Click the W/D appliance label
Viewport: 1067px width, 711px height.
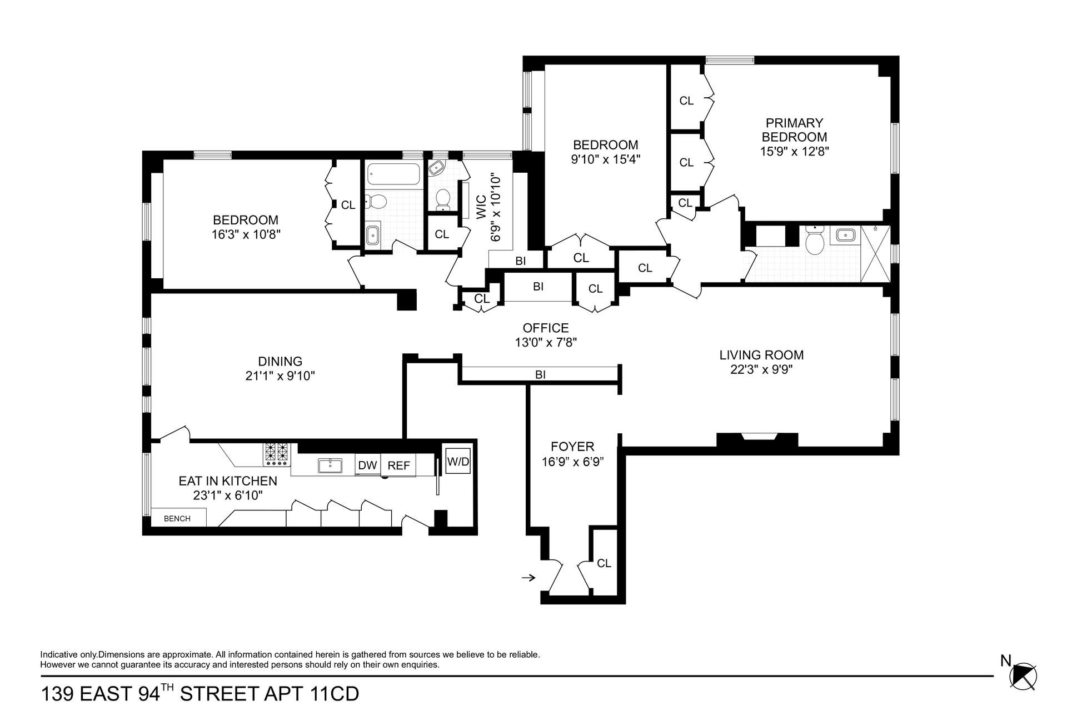(458, 461)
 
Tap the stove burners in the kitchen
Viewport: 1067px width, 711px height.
(277, 454)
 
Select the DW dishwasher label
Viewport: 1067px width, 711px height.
(367, 465)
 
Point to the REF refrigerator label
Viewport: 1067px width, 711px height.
(398, 465)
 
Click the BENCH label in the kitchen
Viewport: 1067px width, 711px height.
(177, 519)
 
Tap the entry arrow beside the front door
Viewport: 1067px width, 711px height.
(528, 578)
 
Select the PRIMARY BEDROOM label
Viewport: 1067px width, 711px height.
(794, 130)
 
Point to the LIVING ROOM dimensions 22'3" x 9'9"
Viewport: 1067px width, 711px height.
(761, 369)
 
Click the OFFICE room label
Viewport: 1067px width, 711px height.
(546, 328)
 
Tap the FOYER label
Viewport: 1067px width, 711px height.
(572, 447)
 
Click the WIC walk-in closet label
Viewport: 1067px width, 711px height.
(481, 207)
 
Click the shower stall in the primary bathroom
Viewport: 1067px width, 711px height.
(875, 254)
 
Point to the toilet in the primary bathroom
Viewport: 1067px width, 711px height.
(815, 240)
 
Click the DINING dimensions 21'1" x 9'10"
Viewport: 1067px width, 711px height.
(280, 376)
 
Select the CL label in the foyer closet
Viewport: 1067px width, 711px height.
(604, 563)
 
